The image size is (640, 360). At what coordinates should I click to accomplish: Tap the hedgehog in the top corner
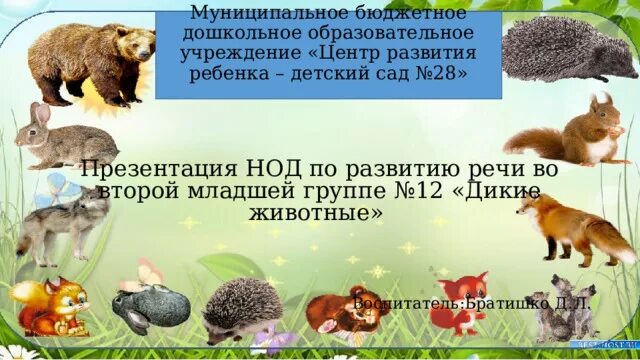click(565, 50)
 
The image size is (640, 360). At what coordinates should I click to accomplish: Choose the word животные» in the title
click(314, 213)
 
